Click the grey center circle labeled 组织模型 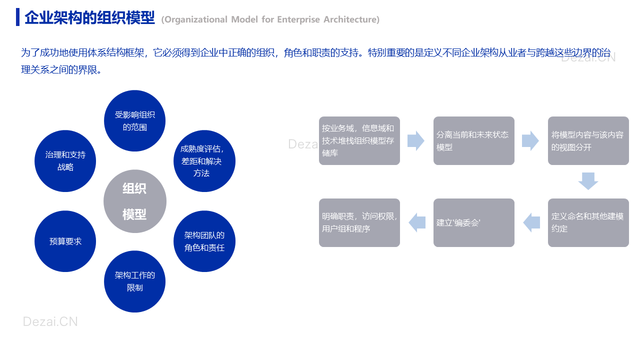coord(135,201)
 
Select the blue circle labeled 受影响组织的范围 coord(134,121)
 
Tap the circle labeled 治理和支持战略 coord(65,161)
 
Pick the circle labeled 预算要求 coord(65,241)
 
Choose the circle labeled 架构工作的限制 coord(134,281)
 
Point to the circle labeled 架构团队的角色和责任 coord(204,241)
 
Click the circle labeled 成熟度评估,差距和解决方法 coord(204,161)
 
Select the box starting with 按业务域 coord(359,140)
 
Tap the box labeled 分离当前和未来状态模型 coord(473,140)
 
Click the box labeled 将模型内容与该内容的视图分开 coord(588,140)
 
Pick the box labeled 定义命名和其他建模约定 coord(588,222)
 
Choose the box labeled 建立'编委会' coord(473,222)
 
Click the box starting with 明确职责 coord(359,222)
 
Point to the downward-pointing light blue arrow coord(588,181)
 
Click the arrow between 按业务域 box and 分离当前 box coord(416,140)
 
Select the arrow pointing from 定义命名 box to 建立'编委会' coord(531,222)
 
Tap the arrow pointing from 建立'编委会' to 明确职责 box coord(417,222)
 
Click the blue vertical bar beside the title coord(17,17)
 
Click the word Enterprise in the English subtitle coord(298,19)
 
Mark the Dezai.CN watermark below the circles coord(50,321)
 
